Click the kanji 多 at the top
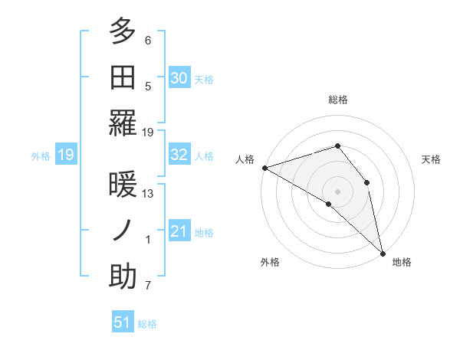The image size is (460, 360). click(123, 32)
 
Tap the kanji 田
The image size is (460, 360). click(123, 77)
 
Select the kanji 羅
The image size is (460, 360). click(123, 123)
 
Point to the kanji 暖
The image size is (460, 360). click(123, 184)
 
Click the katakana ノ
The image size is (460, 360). click(123, 230)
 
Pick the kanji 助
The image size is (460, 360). click(123, 277)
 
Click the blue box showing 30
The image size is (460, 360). click(179, 77)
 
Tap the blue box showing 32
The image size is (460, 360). click(179, 155)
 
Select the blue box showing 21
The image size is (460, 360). click(179, 231)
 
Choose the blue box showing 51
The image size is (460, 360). click(122, 322)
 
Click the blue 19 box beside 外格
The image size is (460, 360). click(65, 155)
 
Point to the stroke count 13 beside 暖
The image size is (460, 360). click(148, 193)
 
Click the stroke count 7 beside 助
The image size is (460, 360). click(148, 286)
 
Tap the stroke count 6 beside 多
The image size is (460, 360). click(148, 40)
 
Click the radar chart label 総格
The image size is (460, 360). click(337, 100)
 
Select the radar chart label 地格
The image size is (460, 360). click(402, 262)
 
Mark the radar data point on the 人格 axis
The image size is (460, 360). click(264, 168)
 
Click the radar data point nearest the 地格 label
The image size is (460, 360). click(382, 252)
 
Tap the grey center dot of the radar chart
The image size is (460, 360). click(337, 191)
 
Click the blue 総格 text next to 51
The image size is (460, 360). click(147, 324)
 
